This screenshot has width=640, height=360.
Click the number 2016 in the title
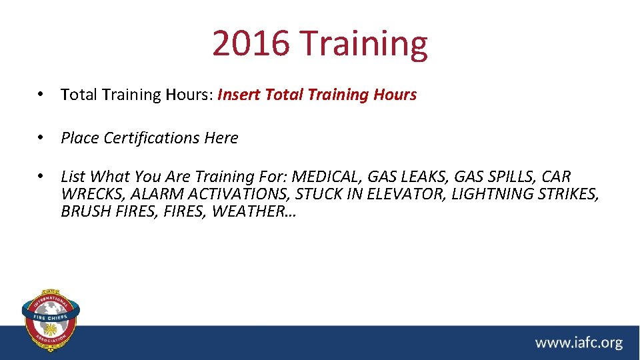251,43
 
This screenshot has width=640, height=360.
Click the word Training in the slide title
364,43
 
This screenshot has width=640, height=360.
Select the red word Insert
239,95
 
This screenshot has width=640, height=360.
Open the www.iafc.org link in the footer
578,343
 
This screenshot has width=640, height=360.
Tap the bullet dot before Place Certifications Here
41,138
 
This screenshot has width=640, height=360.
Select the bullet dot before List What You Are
41,177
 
